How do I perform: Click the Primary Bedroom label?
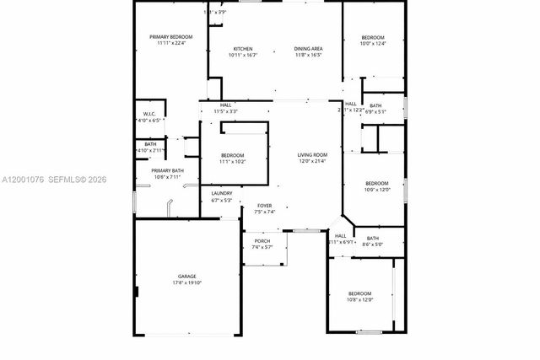171,37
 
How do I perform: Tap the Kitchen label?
242,49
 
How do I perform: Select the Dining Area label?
308,49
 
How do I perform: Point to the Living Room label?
312,155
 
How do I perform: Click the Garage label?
187,276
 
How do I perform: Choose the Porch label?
262,241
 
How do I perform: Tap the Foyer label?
265,206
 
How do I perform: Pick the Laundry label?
221,194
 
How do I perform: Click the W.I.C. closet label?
148,115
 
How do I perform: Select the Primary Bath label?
156,171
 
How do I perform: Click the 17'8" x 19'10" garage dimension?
187,282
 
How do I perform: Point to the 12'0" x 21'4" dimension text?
312,161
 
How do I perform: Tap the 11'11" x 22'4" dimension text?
171,43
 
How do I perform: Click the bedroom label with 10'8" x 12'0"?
359,293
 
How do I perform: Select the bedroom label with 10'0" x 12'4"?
373,38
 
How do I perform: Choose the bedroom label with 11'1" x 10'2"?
233,155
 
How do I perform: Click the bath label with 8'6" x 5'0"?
372,239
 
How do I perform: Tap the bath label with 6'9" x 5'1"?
375,105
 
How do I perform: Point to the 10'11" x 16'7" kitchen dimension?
242,55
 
